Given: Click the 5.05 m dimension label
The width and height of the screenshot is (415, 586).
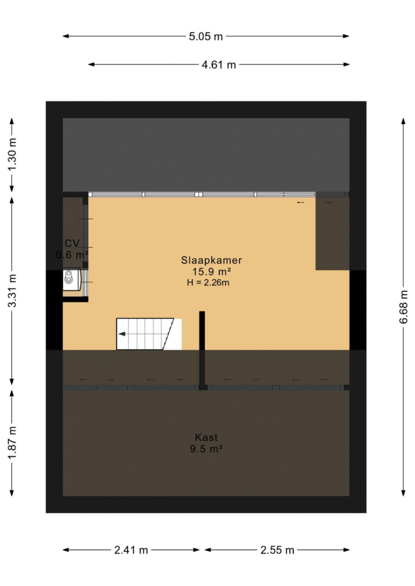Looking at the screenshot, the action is tap(206, 36).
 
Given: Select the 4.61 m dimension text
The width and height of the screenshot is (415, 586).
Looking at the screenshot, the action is tap(219, 65).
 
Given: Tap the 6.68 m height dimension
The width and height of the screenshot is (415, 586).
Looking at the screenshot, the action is tap(404, 306).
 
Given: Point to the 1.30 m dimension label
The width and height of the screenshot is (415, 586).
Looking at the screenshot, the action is tap(12, 154).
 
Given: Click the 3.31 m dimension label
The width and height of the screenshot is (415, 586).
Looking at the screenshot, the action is tap(12, 291).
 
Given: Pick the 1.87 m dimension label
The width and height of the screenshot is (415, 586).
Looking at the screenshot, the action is tap(12, 443).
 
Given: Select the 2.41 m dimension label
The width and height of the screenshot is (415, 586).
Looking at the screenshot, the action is tap(131, 550).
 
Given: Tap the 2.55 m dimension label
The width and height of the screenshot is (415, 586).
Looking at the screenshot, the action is tap(277, 550).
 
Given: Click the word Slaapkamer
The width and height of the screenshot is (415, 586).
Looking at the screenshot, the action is tap(211, 260).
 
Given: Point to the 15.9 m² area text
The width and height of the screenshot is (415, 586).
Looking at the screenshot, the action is tap(211, 272).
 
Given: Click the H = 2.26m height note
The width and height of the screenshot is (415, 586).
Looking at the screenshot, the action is tap(208, 282).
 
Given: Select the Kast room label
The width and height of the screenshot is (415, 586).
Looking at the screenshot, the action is tap(206, 437).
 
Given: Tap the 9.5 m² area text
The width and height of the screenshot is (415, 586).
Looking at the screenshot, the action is tap(206, 449).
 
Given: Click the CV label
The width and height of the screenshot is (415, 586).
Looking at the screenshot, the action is tap(72, 243).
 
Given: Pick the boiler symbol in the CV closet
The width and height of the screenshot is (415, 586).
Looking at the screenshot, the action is tap(71, 279).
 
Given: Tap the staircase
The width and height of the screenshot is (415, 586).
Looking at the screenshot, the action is tap(149, 334).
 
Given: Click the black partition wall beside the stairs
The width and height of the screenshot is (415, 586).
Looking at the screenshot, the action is tap(202, 351).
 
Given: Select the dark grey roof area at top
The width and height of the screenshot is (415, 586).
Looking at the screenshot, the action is tap(206, 154).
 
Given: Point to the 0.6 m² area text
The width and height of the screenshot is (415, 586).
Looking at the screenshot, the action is tap(72, 255).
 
